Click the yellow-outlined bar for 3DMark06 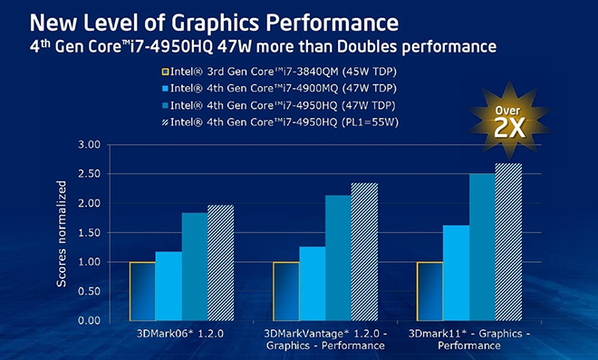142,291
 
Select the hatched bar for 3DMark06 220,263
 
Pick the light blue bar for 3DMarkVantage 313,284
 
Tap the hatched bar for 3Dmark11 508,242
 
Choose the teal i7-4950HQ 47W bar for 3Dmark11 482,247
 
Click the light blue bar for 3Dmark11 456,273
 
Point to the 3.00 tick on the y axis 89,145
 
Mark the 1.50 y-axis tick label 89,232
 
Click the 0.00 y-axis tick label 89,320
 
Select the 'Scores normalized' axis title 61,234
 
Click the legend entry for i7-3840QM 280,72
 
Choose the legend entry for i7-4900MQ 280,88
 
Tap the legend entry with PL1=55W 280,122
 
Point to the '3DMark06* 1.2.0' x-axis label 180,334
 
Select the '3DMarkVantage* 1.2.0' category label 323,334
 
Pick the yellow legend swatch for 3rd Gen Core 165,72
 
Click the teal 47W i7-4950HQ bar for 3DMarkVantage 338,258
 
